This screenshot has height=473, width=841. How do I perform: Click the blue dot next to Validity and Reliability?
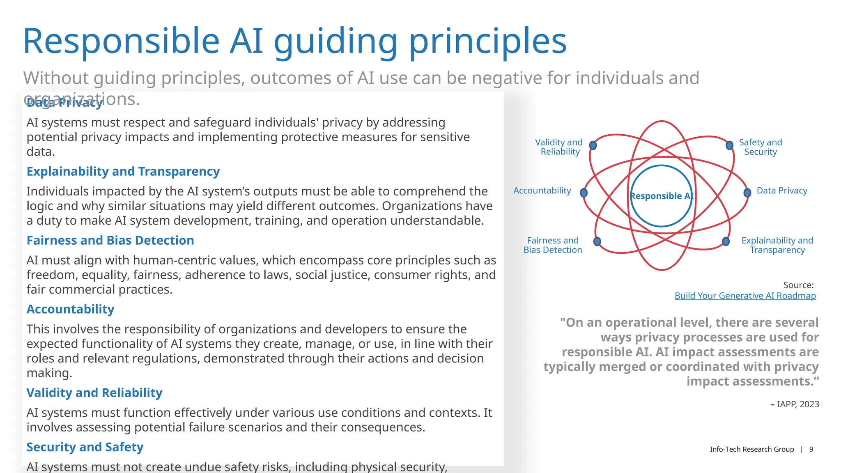(x=593, y=145)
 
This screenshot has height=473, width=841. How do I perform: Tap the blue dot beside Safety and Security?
(x=729, y=145)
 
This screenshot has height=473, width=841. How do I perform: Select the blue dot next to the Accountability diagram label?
(x=584, y=193)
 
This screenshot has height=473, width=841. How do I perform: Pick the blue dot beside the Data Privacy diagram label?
(x=747, y=192)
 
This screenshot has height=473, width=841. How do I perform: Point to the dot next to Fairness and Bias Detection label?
(x=597, y=241)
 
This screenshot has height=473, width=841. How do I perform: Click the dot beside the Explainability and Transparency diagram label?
(x=726, y=241)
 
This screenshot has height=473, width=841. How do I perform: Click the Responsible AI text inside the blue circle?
(x=662, y=196)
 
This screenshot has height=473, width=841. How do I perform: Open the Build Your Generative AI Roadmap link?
(x=745, y=296)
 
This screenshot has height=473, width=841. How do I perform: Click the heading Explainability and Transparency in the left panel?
(x=123, y=172)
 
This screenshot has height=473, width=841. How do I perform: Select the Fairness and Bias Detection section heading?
(x=110, y=241)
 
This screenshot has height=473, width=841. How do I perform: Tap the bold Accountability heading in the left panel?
(x=70, y=310)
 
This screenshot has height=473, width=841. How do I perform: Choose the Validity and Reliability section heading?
(x=94, y=393)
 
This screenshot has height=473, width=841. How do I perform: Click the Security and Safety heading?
(x=85, y=447)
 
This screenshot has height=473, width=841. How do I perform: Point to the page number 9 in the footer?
(x=811, y=449)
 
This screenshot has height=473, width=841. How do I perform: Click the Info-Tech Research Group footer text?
(x=752, y=449)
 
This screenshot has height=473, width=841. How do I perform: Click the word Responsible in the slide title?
(x=121, y=41)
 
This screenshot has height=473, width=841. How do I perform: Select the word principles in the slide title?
(x=488, y=41)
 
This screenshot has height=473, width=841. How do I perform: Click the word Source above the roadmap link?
(x=797, y=285)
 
